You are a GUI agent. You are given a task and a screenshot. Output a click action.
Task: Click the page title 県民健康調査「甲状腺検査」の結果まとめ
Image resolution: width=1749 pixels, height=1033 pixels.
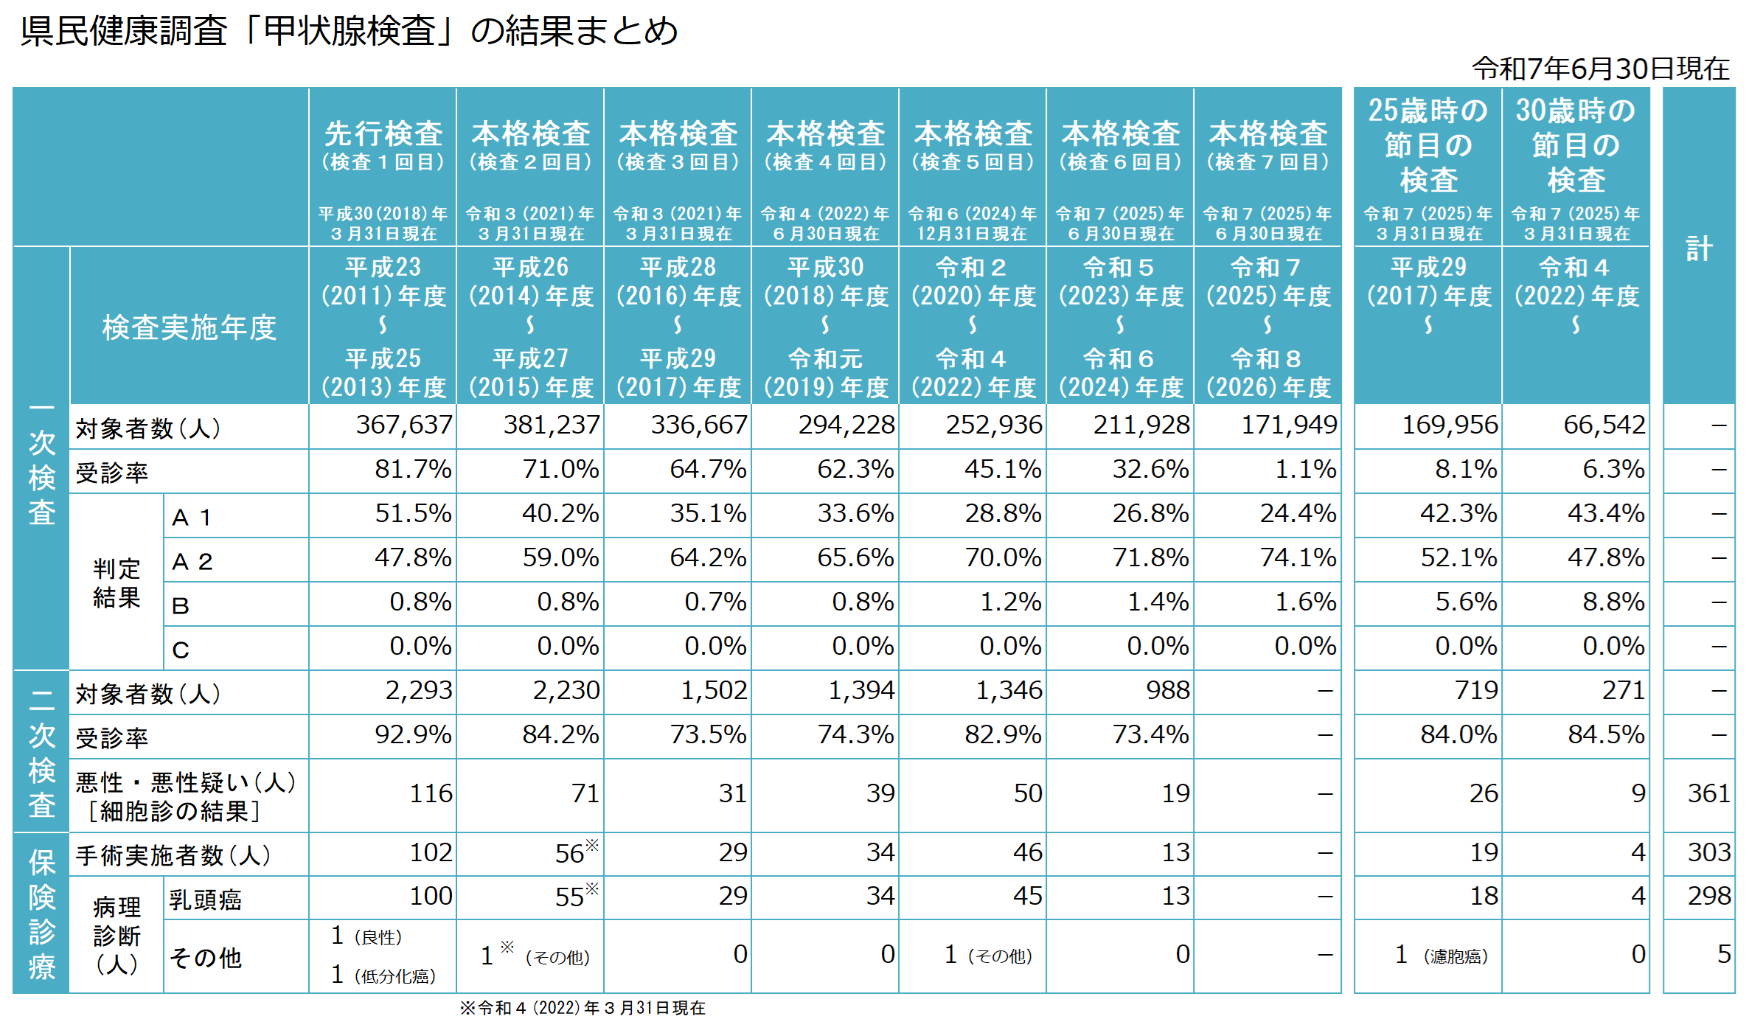click(348, 31)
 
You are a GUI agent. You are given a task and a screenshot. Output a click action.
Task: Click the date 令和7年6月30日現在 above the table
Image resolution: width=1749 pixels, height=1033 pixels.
click(1600, 69)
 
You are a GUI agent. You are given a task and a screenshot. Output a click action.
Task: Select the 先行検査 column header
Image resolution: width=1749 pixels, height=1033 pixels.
click(383, 134)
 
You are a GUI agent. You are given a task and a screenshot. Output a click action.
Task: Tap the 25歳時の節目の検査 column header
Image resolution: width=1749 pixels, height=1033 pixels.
click(1428, 145)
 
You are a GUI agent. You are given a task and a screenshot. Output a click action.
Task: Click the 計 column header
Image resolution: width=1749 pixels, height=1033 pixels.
click(1699, 248)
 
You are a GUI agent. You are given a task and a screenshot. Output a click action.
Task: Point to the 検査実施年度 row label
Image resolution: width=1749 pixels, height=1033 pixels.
click(189, 327)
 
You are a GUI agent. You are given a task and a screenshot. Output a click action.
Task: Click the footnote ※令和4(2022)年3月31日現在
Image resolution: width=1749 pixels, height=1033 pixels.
click(582, 1008)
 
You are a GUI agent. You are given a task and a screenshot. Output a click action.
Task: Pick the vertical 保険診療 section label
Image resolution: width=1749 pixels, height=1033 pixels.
click(41, 914)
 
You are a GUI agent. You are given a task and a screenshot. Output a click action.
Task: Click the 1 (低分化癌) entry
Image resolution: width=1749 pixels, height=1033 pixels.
click(383, 975)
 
